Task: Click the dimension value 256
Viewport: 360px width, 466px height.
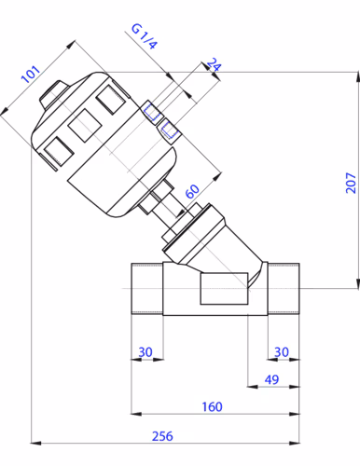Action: pyautogui.click(x=162, y=436)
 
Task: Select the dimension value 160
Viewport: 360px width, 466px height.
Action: pyautogui.click(x=212, y=406)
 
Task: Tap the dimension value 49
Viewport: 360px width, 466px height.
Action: pyautogui.click(x=271, y=379)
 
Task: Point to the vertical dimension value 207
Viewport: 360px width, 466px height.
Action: pyautogui.click(x=351, y=183)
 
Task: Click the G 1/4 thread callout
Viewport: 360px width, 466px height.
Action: pyautogui.click(x=145, y=36)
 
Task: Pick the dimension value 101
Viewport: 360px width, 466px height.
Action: pyautogui.click(x=31, y=75)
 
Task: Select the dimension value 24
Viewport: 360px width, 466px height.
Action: pyautogui.click(x=214, y=64)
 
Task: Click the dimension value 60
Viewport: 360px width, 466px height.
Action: pyautogui.click(x=192, y=191)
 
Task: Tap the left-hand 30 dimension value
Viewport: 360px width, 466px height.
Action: pyautogui.click(x=145, y=352)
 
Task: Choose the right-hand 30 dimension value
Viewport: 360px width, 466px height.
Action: pyautogui.click(x=282, y=352)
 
